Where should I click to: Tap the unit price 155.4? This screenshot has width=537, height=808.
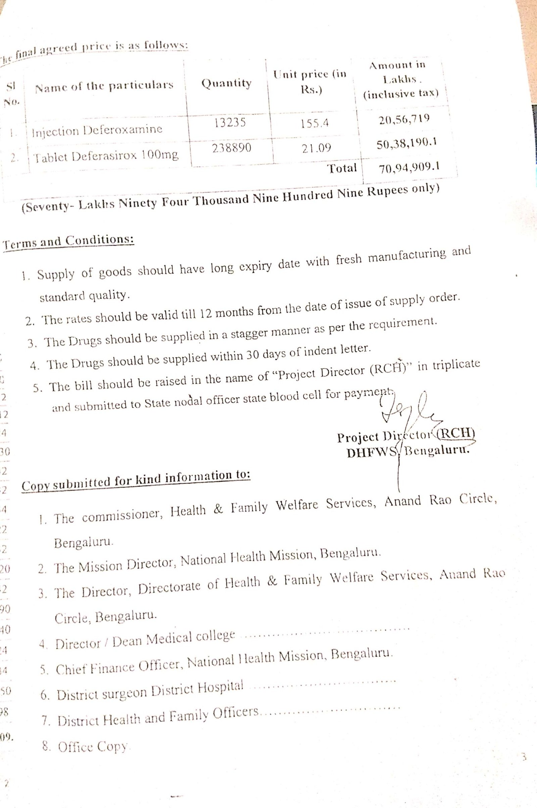tap(315, 123)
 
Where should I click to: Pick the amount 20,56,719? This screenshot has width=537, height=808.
tap(404, 119)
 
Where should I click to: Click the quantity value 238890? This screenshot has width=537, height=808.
tap(232, 148)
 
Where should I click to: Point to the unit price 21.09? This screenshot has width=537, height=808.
tap(316, 148)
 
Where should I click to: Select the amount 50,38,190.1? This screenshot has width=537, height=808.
tap(406, 144)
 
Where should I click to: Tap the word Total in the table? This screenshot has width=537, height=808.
tap(342, 168)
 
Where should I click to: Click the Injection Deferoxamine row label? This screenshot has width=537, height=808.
tap(97, 130)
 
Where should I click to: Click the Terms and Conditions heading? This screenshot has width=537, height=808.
tap(68, 241)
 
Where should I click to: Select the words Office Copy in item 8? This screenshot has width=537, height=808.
tap(93, 747)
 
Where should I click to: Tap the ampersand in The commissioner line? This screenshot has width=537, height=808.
tap(218, 508)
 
